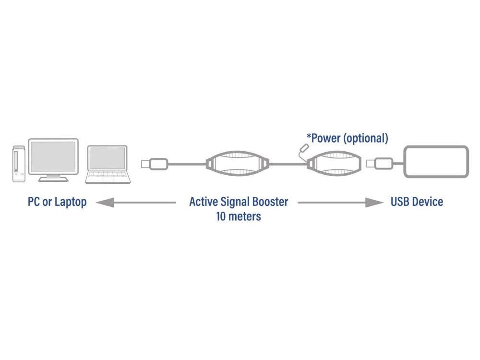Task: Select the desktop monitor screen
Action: (x=53, y=156)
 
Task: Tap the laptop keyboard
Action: (x=108, y=175)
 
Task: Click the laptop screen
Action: (x=108, y=158)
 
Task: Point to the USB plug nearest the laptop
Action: (x=154, y=164)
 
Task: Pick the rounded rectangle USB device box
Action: (x=435, y=162)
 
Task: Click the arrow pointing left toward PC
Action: (x=134, y=203)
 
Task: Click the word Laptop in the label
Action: (x=71, y=202)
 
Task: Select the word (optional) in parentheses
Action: (x=366, y=139)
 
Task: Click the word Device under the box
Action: (x=427, y=201)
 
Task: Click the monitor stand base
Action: (x=53, y=179)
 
